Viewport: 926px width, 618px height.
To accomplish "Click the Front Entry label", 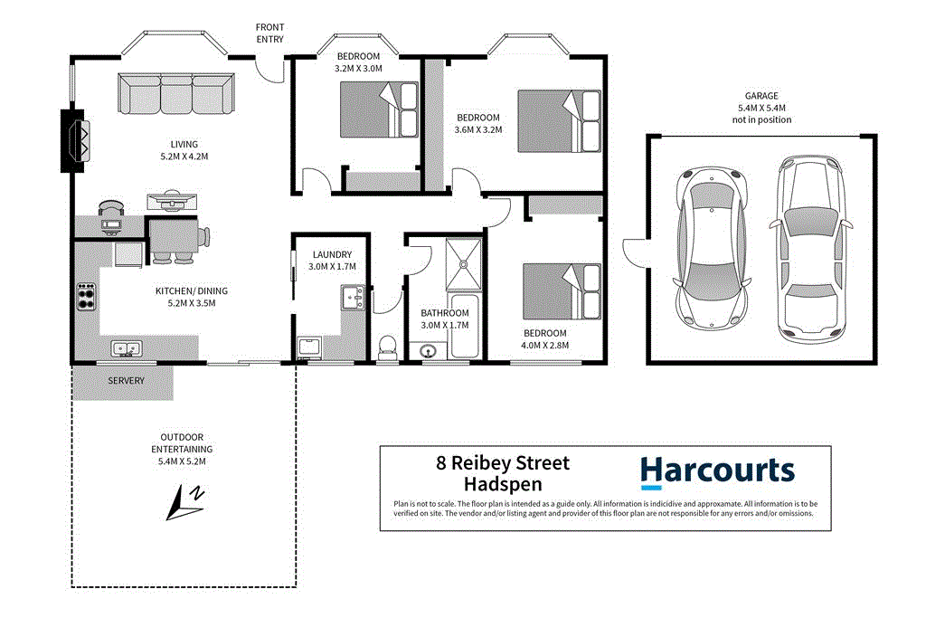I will pos(269,33).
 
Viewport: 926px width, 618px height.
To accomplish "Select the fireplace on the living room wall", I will pos(74,140).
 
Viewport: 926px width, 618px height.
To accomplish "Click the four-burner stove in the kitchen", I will pos(87,296).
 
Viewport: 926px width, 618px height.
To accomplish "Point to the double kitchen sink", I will pos(127,348).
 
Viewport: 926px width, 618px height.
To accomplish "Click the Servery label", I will pos(126,381).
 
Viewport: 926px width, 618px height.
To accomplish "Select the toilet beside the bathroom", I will pos(387,347).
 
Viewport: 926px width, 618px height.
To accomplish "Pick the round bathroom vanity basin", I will pos(427,349).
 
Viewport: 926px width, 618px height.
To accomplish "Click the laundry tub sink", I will pos(352,295).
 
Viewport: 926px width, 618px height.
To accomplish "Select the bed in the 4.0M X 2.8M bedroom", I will pos(562,289).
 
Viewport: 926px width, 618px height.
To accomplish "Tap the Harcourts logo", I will pos(717,471).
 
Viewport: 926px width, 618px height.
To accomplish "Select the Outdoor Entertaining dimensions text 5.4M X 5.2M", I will pos(182,461).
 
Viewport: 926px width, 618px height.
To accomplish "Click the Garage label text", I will pos(762,96).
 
